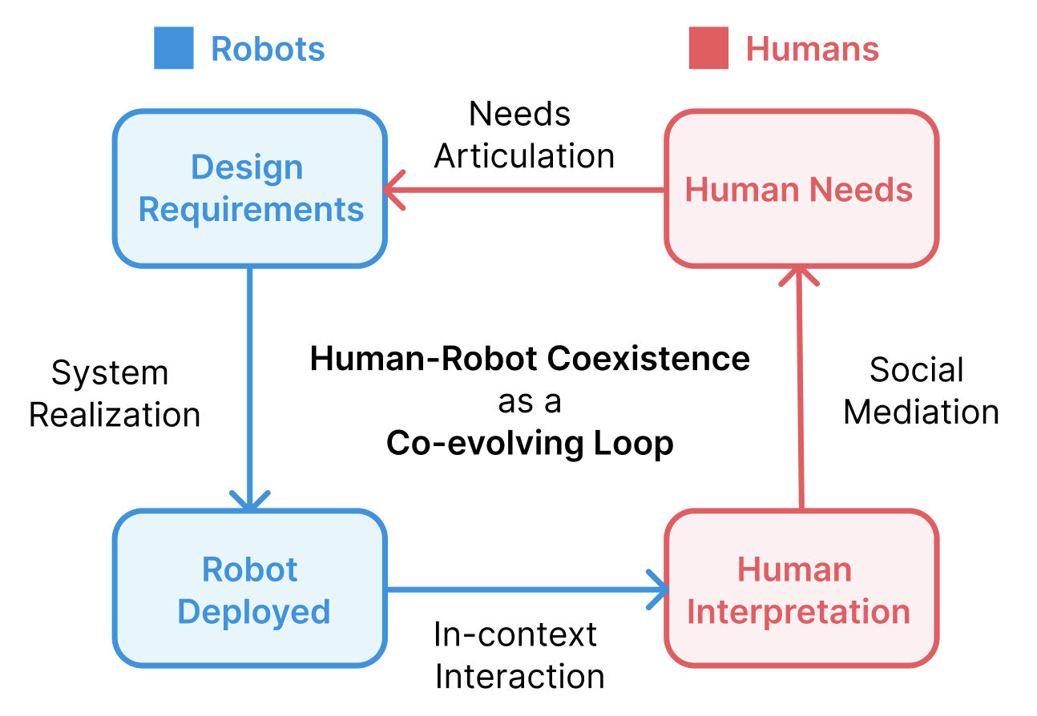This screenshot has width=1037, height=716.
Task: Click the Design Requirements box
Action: [250, 189]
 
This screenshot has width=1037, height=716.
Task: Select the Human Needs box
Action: [801, 189]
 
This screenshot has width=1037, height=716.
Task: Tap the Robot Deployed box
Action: [250, 589]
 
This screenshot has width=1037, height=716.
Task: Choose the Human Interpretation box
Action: [801, 589]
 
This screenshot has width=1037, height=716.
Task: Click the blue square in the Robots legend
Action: [174, 48]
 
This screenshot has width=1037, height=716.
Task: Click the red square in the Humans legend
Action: [708, 48]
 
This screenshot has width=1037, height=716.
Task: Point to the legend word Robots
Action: [268, 49]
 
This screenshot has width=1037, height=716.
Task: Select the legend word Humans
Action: [812, 49]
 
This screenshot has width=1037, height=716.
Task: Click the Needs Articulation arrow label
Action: [524, 135]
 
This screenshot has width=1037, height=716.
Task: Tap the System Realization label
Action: [115, 394]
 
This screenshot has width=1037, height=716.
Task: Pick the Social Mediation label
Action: [921, 391]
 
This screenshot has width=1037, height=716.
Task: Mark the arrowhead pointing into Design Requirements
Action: [393, 191]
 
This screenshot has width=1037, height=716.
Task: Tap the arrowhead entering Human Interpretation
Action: [659, 590]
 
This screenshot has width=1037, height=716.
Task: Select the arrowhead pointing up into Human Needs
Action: [799, 276]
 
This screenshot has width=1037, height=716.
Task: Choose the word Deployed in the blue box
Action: [253, 611]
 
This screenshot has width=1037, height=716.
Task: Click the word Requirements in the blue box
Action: [251, 210]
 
